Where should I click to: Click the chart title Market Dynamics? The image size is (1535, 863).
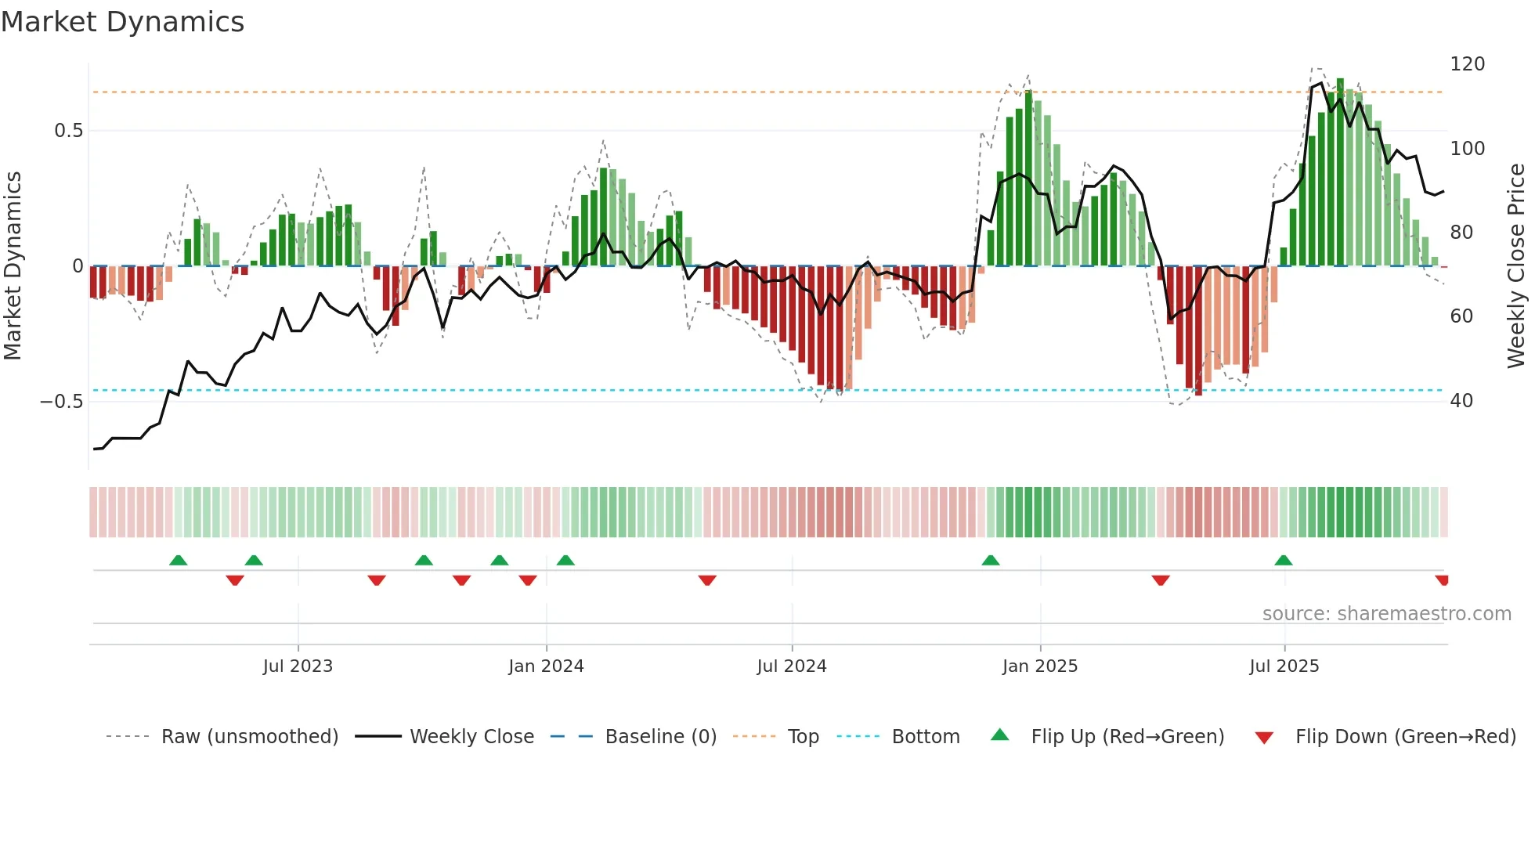(123, 22)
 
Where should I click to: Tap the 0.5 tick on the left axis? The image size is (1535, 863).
(68, 131)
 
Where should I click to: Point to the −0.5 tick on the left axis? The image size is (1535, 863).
(62, 402)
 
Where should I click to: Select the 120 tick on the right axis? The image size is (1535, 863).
(1467, 64)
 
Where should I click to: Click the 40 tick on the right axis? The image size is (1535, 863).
(1461, 401)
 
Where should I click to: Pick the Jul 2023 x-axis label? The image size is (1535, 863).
(298, 666)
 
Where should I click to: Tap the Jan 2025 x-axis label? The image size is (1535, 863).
(1039, 666)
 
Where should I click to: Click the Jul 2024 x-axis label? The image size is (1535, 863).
(791, 666)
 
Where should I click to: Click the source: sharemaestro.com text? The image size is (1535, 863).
(1386, 614)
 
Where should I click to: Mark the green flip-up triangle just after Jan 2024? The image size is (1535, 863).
(565, 560)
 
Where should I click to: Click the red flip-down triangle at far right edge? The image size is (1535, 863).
(1442, 580)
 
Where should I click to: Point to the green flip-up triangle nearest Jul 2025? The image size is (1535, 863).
(1283, 560)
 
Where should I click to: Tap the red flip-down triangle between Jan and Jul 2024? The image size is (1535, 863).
(707, 580)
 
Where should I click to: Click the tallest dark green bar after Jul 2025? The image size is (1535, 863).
(1340, 172)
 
